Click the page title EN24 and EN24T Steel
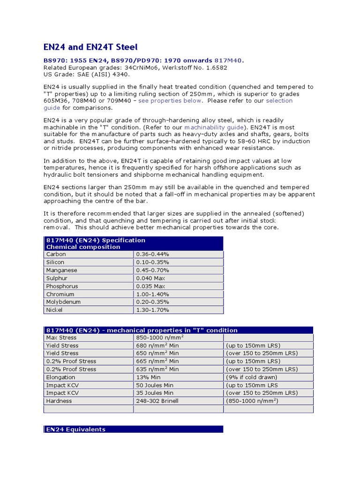tap(90, 47)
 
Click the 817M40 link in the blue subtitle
tap(228, 61)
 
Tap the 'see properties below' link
tap(170, 101)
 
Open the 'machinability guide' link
tap(214, 127)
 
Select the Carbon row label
tap(56, 255)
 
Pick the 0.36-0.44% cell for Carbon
tap(152, 255)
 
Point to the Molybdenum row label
tap(63, 302)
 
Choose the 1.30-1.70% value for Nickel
tap(152, 310)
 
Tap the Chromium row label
tap(60, 294)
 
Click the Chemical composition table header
tap(83, 247)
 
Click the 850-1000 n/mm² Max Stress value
tap(160, 337)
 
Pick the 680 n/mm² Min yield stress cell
tap(157, 345)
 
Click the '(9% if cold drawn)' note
tap(251, 377)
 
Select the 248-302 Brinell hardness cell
tap(157, 401)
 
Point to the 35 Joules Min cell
tap(155, 393)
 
